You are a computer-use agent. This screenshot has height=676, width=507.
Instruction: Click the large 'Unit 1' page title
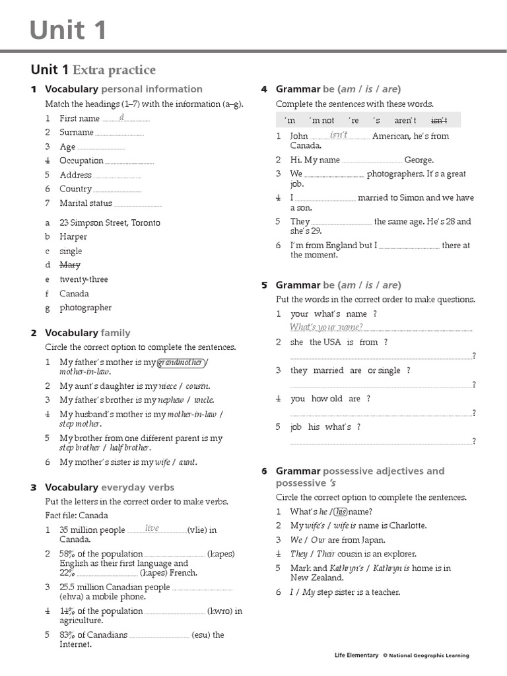point(68,30)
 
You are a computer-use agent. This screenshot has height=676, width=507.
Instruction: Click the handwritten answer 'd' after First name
point(121,117)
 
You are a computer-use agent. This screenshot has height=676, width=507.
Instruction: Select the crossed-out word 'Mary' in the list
point(70,265)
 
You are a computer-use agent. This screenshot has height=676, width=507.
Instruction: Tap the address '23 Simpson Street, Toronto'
point(110,222)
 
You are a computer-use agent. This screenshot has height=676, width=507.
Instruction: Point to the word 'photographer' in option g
point(86,308)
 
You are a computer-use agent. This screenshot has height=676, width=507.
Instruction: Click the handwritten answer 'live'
point(152,528)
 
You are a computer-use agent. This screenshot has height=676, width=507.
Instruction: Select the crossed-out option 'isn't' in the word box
point(439,120)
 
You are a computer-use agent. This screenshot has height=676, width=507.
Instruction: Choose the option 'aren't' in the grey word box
point(405,120)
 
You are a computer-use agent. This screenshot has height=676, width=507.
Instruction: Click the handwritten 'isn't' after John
point(338,135)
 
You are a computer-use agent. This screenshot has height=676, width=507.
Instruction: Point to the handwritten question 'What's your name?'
point(325,327)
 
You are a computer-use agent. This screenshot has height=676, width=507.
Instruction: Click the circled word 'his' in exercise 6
point(341,511)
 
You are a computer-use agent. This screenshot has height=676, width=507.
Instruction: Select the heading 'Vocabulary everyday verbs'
point(110,487)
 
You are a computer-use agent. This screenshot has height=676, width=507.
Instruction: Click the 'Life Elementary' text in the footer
point(356,656)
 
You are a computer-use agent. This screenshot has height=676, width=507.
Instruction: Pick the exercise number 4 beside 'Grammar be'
point(264,89)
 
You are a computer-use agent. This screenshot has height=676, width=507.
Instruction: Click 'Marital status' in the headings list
point(86,203)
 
